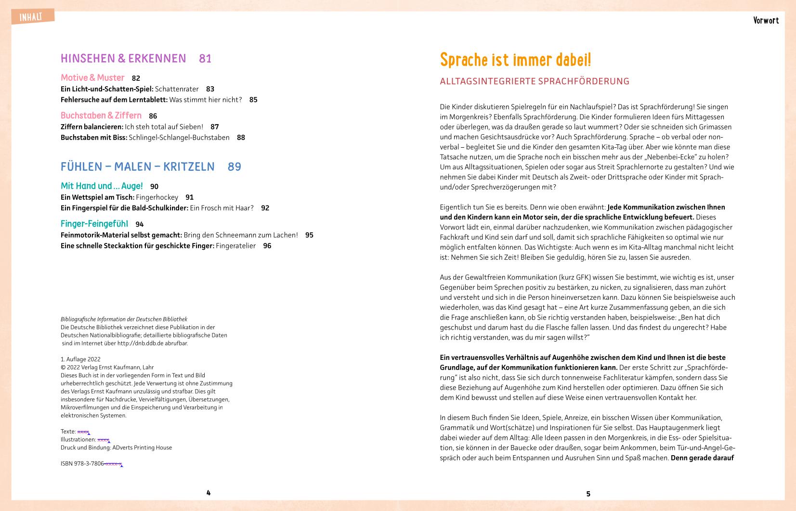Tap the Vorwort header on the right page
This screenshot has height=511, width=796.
[766, 20]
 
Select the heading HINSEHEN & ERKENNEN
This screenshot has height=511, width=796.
[123, 59]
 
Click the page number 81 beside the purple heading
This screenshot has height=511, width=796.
[205, 59]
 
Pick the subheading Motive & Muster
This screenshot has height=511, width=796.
[92, 77]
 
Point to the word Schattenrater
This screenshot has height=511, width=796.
[177, 89]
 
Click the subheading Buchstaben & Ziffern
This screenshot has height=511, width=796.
[101, 115]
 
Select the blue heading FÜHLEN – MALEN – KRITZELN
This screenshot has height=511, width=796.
[138, 167]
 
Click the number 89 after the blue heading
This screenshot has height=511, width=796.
[235, 167]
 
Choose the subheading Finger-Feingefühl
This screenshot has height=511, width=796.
[94, 224]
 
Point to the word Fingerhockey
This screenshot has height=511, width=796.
[157, 197]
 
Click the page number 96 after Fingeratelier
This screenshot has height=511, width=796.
[267, 246]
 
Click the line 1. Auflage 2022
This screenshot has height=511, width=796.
[80, 359]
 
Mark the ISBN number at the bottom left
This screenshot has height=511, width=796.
[91, 464]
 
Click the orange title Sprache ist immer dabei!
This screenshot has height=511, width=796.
[515, 60]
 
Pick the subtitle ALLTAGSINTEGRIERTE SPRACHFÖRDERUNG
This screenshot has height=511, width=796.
[535, 81]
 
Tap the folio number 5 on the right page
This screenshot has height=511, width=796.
[588, 494]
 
